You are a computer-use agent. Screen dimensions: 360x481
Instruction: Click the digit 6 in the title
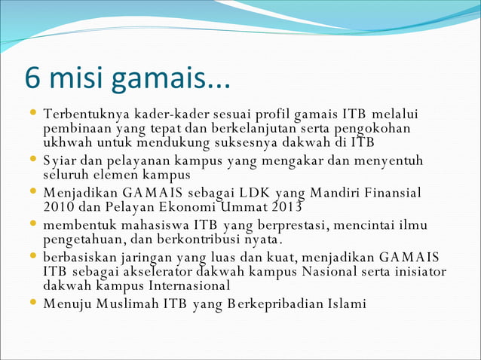click(x=34, y=78)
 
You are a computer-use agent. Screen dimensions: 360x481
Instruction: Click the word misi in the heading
click(x=77, y=78)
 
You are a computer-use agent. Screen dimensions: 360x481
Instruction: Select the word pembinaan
click(x=78, y=128)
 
